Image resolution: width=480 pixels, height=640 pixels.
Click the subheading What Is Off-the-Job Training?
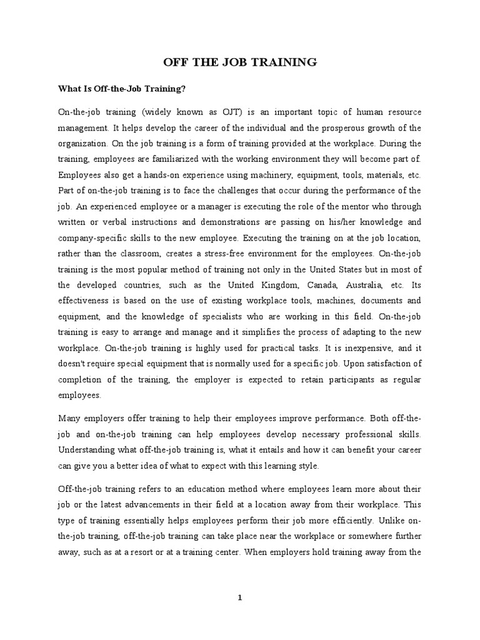(122, 89)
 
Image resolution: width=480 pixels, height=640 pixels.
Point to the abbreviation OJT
(230, 112)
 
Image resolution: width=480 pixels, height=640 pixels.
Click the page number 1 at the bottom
(240, 597)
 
